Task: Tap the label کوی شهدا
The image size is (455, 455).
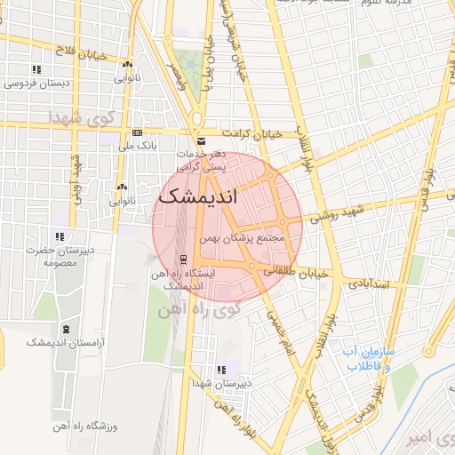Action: click(79, 118)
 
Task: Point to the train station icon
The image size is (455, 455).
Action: click(183, 259)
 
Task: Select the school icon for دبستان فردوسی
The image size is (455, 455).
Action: click(36, 69)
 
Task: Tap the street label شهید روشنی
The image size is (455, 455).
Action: click(334, 214)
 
